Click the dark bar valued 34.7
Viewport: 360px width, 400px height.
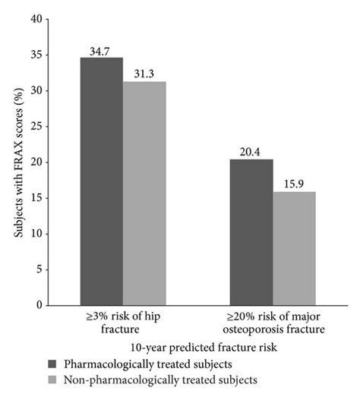coord(102,181)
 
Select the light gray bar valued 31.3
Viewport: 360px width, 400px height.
coord(144,194)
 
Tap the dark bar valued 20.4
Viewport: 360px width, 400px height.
coord(251,232)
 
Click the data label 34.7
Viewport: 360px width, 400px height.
coord(102,50)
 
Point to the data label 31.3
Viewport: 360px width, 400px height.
coord(144,74)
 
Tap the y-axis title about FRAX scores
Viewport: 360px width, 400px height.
coord(17,162)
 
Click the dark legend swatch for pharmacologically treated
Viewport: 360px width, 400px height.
coord(52,364)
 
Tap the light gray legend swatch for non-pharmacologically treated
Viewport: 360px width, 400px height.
coord(52,379)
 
